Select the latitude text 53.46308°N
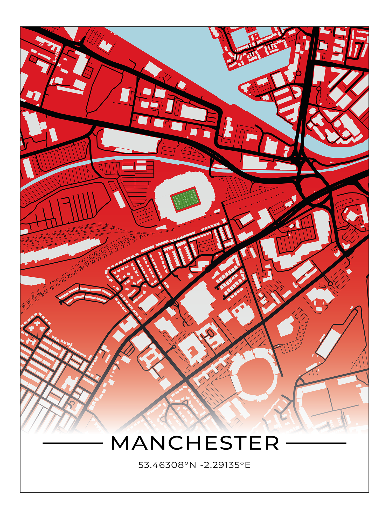pyautogui.click(x=167, y=465)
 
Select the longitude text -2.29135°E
pyautogui.click(x=225, y=465)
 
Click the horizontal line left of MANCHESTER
pyautogui.click(x=73, y=443)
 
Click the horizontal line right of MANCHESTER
pyautogui.click(x=316, y=443)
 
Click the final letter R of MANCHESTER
pyautogui.click(x=272, y=443)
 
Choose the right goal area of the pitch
pyautogui.click(x=196, y=198)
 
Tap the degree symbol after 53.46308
pyautogui.click(x=186, y=463)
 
